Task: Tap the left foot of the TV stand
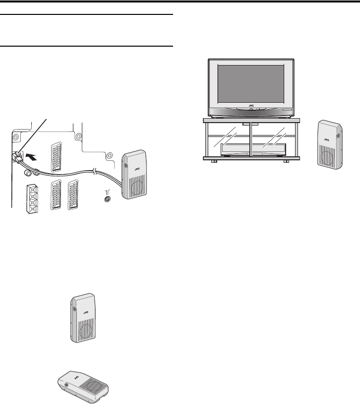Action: point(214,161)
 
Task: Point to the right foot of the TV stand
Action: point(286,161)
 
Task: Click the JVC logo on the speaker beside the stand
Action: point(327,140)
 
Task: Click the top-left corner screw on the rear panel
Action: point(16,136)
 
